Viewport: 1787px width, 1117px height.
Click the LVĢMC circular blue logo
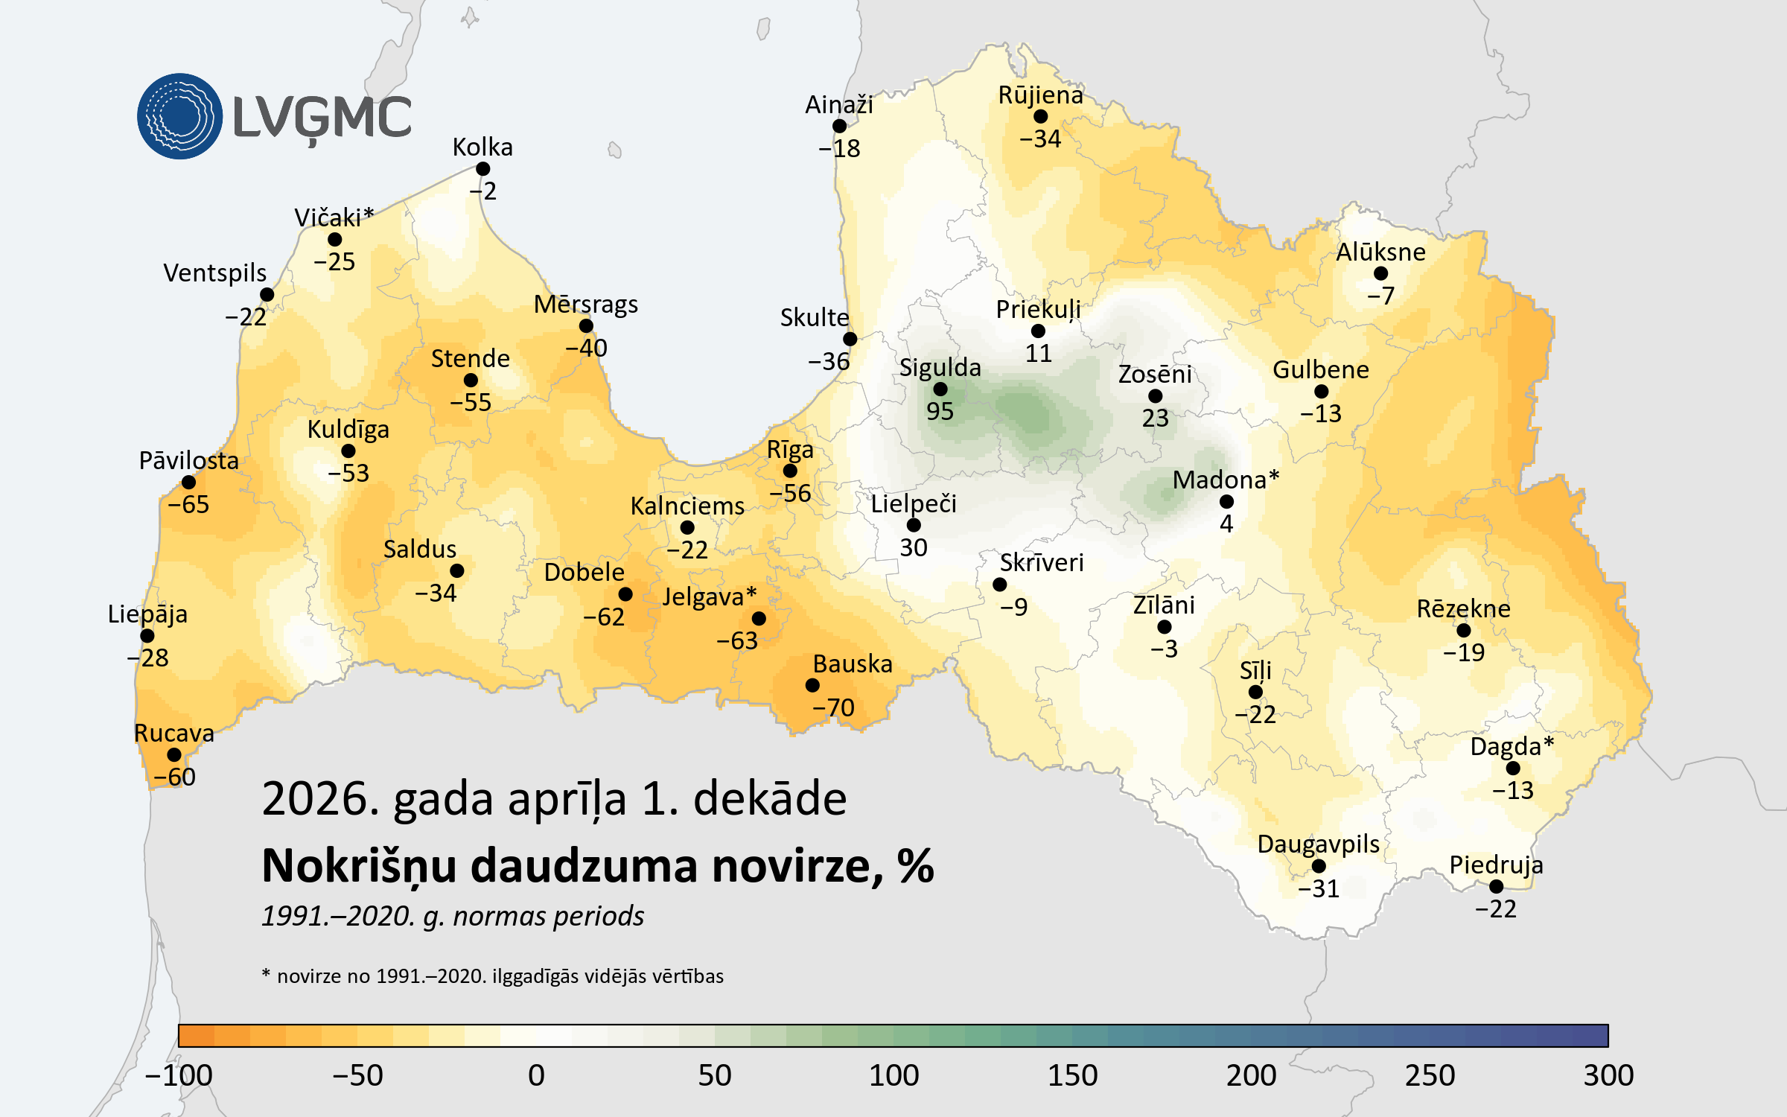179,116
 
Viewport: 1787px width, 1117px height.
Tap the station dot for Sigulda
940,389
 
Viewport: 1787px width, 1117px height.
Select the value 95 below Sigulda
940,411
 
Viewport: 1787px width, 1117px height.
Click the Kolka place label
482,147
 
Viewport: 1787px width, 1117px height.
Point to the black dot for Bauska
812,685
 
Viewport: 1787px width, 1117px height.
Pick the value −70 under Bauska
833,707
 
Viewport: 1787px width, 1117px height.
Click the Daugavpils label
1318,844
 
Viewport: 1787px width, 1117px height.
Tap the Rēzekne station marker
1464,631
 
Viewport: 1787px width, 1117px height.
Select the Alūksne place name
1380,252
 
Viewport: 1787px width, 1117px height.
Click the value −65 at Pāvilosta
188,505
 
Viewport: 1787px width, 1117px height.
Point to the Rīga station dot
790,471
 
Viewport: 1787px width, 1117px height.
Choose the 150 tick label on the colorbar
1072,1075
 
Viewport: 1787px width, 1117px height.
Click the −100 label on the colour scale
179,1075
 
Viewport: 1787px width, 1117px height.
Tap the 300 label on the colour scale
1608,1075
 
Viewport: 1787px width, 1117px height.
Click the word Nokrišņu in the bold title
359,867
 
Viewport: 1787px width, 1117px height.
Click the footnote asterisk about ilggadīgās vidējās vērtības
266,973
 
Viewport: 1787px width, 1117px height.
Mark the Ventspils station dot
267,295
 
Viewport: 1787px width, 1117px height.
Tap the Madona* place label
1226,480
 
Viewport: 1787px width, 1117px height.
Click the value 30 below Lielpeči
914,548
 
